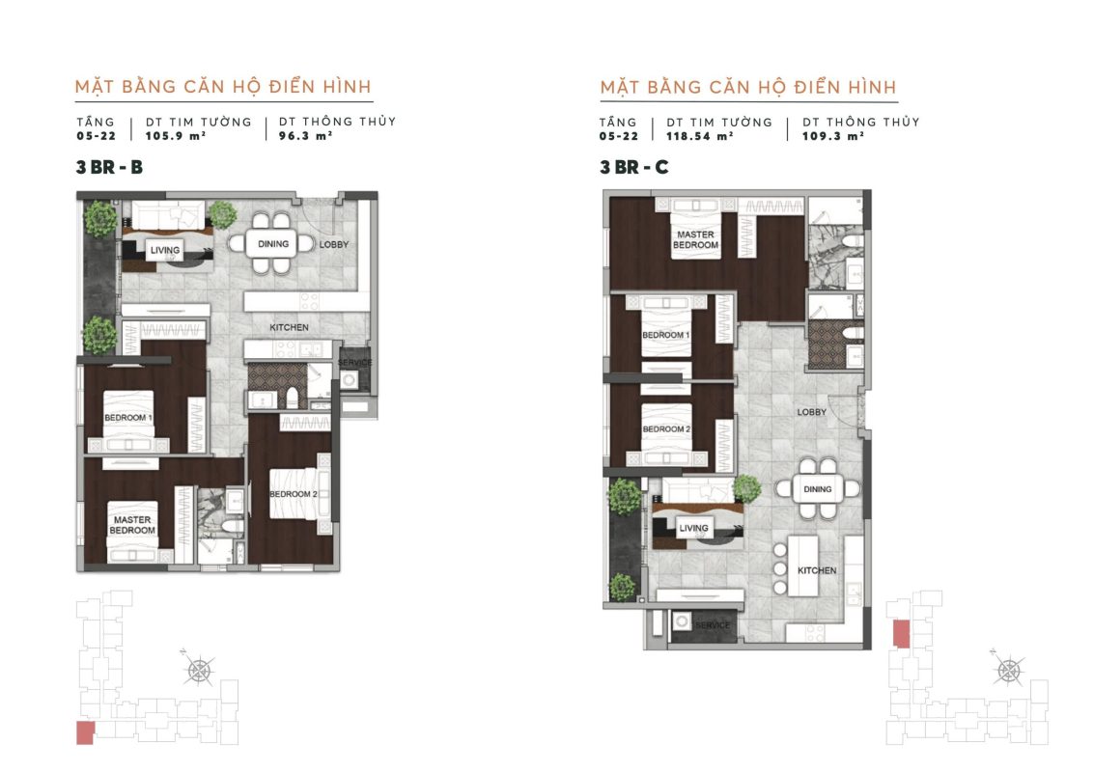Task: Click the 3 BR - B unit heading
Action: click(x=109, y=167)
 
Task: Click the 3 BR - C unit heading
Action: click(x=634, y=167)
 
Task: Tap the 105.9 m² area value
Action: click(x=176, y=136)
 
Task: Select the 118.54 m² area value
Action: click(x=700, y=136)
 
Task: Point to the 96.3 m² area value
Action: click(x=305, y=136)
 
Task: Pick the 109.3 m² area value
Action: click(x=833, y=136)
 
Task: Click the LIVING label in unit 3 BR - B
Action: click(x=165, y=250)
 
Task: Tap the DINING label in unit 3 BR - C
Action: click(x=818, y=489)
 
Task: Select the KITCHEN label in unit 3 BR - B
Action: click(x=290, y=327)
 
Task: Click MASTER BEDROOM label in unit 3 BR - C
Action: click(x=695, y=240)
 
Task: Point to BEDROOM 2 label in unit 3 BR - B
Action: click(x=294, y=494)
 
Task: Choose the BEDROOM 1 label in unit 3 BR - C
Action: click(x=665, y=335)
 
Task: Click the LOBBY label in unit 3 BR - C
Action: click(x=812, y=412)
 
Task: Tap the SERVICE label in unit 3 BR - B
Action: click(x=355, y=363)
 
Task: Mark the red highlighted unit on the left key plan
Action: click(x=85, y=733)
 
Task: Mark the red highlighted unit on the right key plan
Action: click(x=902, y=633)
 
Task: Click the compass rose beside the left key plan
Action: click(x=200, y=671)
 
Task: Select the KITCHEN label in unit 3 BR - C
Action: click(x=817, y=570)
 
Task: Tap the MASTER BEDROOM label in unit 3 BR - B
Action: click(x=132, y=525)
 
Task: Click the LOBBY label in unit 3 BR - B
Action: click(x=334, y=245)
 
